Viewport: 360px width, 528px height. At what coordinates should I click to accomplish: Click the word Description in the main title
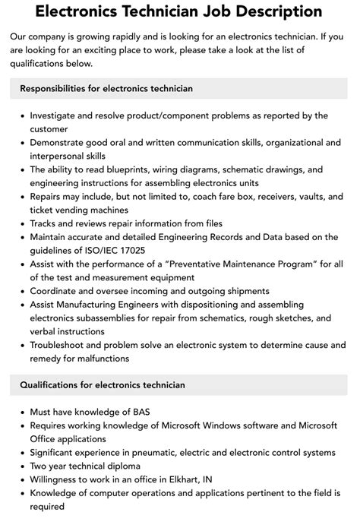click(x=257, y=11)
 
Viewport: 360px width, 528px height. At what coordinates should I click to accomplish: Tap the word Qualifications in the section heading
click(x=52, y=385)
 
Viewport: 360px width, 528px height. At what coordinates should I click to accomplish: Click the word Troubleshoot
click(x=60, y=345)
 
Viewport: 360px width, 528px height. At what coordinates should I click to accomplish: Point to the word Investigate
click(x=55, y=115)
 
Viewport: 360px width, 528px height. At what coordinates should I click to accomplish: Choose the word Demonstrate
click(x=61, y=142)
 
